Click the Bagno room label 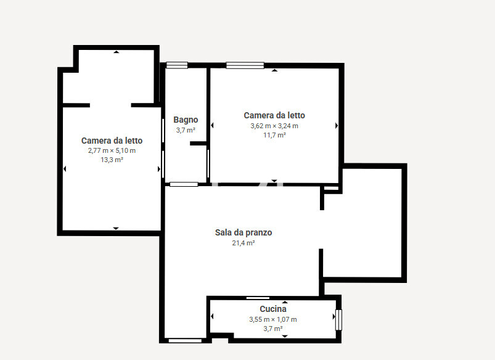click(186, 120)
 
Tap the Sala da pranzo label click(243, 232)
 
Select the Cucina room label click(273, 309)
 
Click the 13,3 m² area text click(112, 160)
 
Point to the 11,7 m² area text click(275, 135)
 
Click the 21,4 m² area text click(243, 243)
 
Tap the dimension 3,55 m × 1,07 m click(273, 319)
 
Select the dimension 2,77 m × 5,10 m click(112, 150)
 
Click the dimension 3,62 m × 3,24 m click(274, 126)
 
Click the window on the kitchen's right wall click(338, 320)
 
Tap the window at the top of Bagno click(177, 65)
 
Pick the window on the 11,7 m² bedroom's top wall click(245, 65)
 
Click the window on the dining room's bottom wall click(185, 341)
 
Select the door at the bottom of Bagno click(184, 184)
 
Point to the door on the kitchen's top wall click(258, 298)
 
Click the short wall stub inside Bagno click(198, 144)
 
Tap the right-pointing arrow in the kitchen click(334, 316)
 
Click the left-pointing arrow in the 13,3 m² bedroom click(65, 169)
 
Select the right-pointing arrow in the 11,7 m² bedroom click(337, 126)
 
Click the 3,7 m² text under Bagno click(186, 130)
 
